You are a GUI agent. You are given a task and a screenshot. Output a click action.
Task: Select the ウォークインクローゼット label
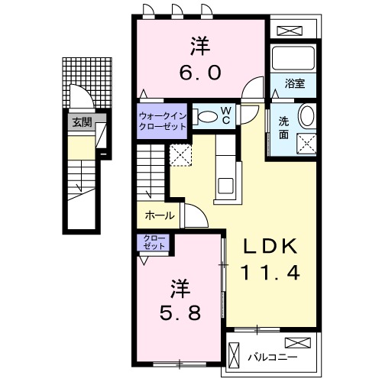point(162,121)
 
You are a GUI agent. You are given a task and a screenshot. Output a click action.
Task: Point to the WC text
point(227,115)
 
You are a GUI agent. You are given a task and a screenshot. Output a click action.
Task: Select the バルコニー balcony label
point(272,357)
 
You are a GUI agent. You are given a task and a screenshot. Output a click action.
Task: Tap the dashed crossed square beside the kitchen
point(182,156)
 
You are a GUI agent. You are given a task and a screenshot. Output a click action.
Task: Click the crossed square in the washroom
point(307,142)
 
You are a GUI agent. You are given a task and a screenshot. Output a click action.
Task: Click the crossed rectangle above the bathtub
point(293,31)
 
